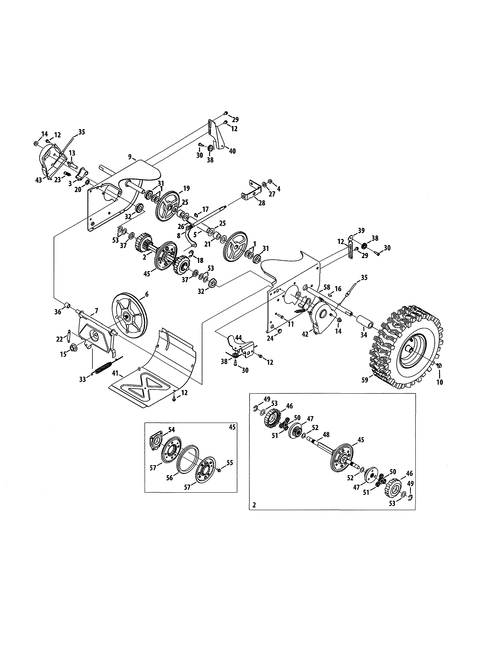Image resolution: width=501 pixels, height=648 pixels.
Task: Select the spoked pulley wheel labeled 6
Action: [x=129, y=317]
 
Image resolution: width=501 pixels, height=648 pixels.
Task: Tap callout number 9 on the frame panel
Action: [x=130, y=157]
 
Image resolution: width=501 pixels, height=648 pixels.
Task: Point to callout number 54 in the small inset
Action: [x=172, y=429]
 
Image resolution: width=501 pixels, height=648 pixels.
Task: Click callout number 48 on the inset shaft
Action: [x=326, y=435]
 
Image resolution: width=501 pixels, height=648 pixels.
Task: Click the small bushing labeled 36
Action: [x=68, y=305]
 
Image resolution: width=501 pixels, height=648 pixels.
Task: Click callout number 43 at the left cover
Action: [x=39, y=180]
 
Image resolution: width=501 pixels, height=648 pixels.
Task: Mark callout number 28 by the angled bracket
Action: [x=262, y=203]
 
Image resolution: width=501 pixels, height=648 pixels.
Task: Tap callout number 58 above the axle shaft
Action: [x=327, y=287]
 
